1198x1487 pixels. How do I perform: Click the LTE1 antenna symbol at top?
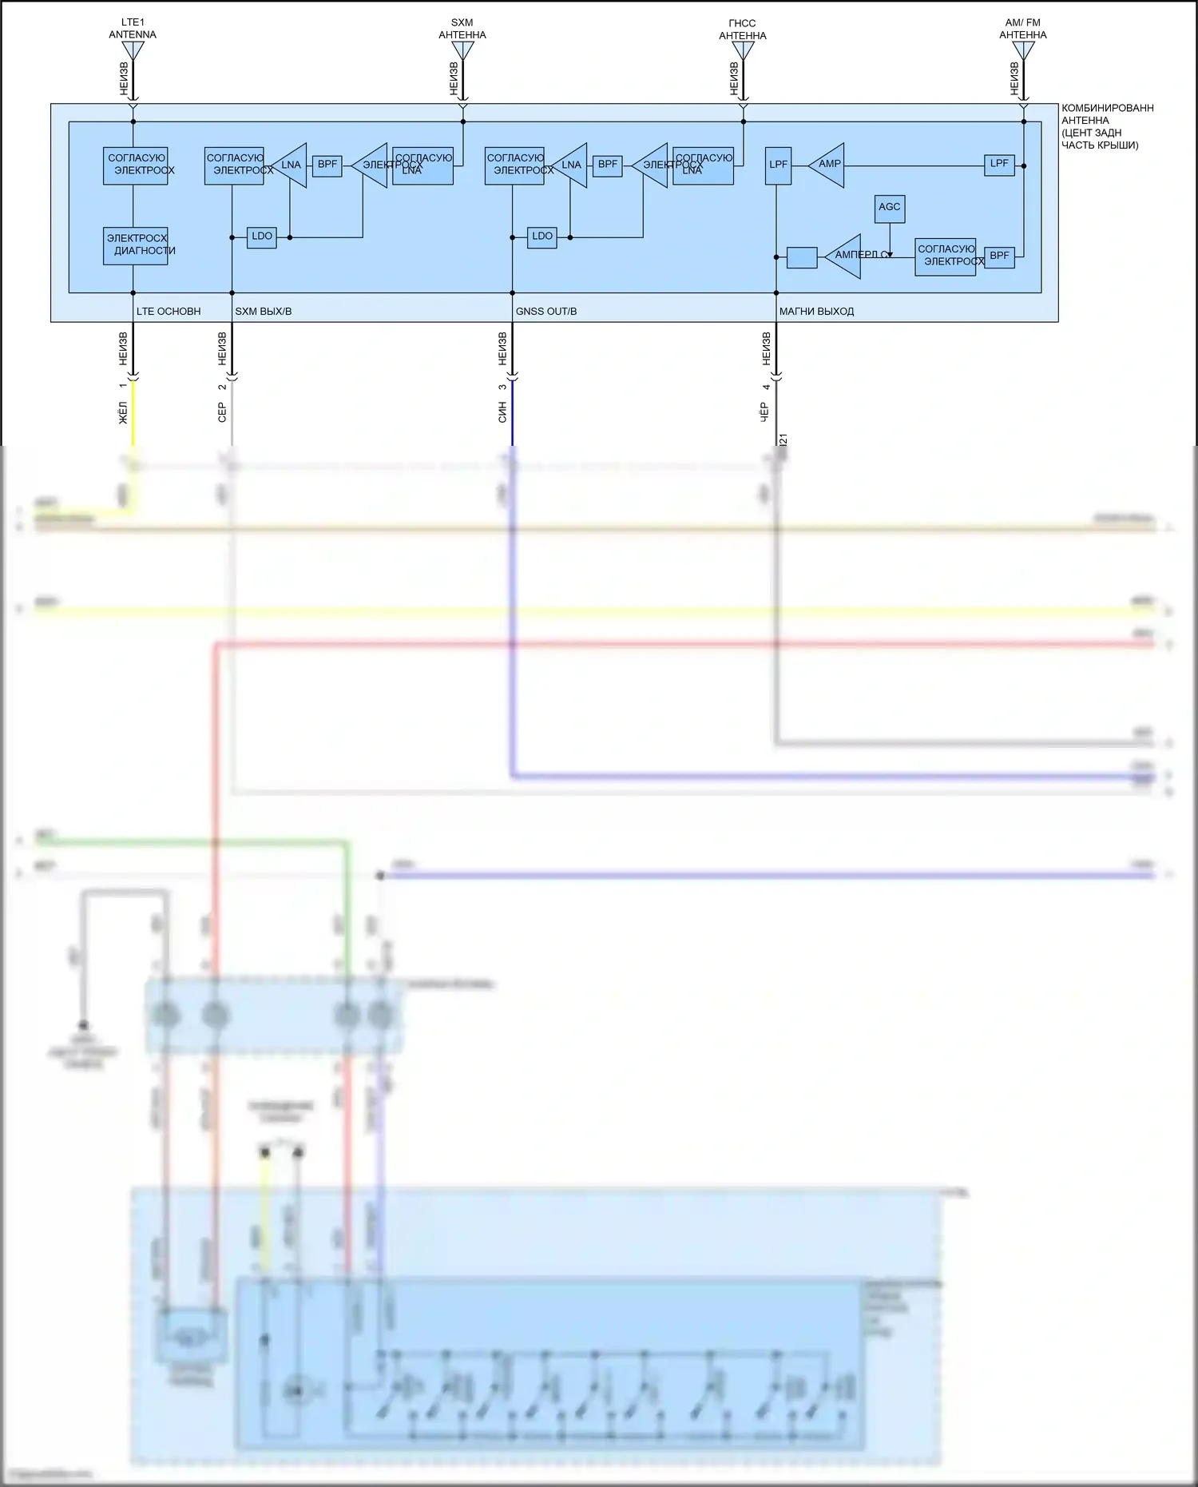pyautogui.click(x=133, y=50)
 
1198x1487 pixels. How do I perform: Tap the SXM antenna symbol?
pyautogui.click(x=462, y=50)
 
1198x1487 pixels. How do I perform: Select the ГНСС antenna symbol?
pyautogui.click(x=743, y=50)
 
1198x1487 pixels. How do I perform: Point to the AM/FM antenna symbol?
pyautogui.click(x=1023, y=50)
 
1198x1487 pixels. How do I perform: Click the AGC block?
pyautogui.click(x=889, y=208)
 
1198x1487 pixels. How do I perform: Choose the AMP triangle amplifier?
pyautogui.click(x=828, y=165)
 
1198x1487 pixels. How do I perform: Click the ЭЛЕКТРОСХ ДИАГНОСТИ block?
pyautogui.click(x=136, y=245)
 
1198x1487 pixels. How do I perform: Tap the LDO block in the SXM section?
pyautogui.click(x=262, y=237)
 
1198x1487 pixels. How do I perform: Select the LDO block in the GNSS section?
pyautogui.click(x=542, y=237)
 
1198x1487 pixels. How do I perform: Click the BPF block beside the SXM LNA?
pyautogui.click(x=327, y=165)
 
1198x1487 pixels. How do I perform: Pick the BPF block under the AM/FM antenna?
pyautogui.click(x=999, y=256)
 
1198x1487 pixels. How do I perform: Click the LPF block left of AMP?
pyautogui.click(x=778, y=165)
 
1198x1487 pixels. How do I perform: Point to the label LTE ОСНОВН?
pyautogui.click(x=169, y=312)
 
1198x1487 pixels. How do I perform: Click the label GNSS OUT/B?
pyautogui.click(x=546, y=312)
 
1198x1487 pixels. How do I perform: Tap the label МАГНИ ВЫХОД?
pyautogui.click(x=816, y=312)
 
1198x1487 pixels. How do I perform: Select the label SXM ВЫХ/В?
pyautogui.click(x=264, y=312)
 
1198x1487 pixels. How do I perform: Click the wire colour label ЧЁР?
pyautogui.click(x=764, y=412)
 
